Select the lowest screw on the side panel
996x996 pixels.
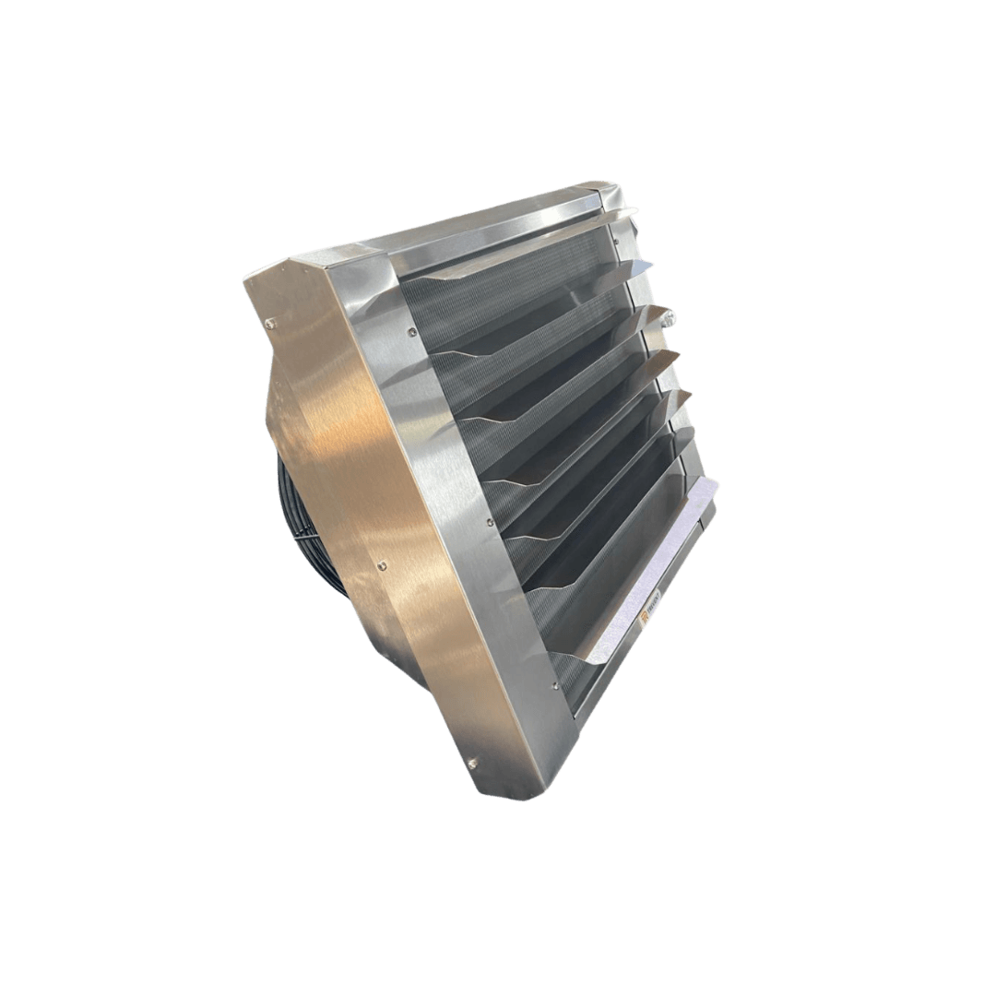tap(472, 762)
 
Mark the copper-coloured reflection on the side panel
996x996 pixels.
tap(360, 443)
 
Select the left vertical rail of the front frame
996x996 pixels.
tap(461, 480)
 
